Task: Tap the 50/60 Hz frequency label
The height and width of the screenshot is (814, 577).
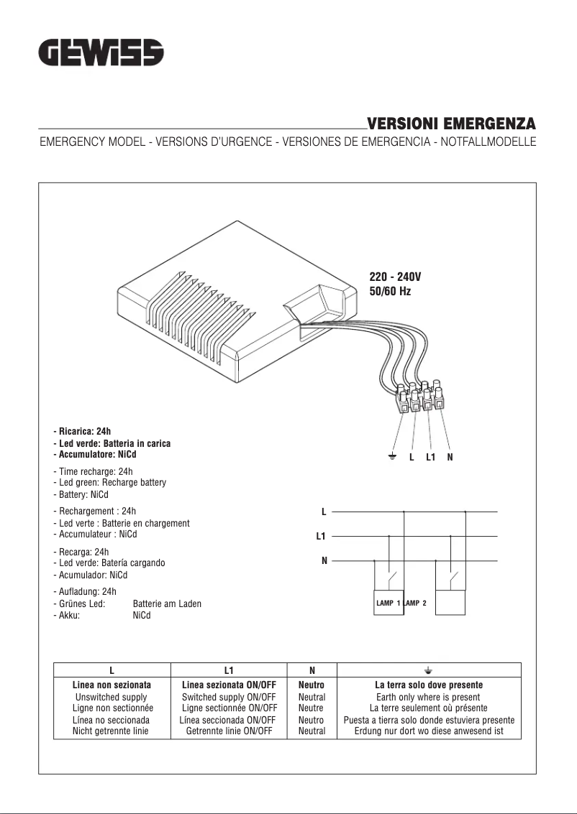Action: click(x=390, y=292)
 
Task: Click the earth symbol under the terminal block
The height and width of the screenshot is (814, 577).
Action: click(x=392, y=457)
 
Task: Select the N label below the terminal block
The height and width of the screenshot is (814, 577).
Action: click(x=450, y=457)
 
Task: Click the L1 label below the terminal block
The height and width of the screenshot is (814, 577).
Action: click(x=430, y=457)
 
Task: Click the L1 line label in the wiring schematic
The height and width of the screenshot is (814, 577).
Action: click(x=321, y=536)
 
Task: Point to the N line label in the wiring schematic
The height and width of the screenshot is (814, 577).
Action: click(x=324, y=560)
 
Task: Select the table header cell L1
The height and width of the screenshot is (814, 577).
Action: click(x=229, y=670)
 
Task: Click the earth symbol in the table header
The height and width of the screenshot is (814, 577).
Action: click(x=428, y=670)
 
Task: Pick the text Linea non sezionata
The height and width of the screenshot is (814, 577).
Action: click(x=112, y=685)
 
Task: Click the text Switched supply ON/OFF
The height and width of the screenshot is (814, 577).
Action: click(x=229, y=697)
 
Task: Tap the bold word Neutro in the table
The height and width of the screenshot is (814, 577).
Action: click(x=312, y=685)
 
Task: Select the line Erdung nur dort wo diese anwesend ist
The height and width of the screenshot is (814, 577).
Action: click(x=429, y=731)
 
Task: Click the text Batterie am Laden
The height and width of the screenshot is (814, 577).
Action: click(x=167, y=604)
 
